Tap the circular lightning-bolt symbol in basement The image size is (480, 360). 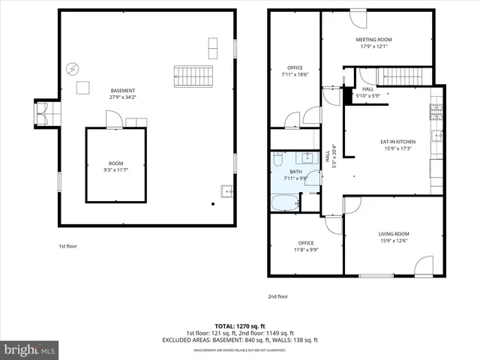pos(72,68)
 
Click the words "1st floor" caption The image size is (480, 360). pos(67,246)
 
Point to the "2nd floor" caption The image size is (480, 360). pos(277,296)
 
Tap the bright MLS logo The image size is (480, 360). pos(30,349)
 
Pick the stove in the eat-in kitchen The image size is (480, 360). pos(436,112)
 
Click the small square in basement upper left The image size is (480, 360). pos(82,88)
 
